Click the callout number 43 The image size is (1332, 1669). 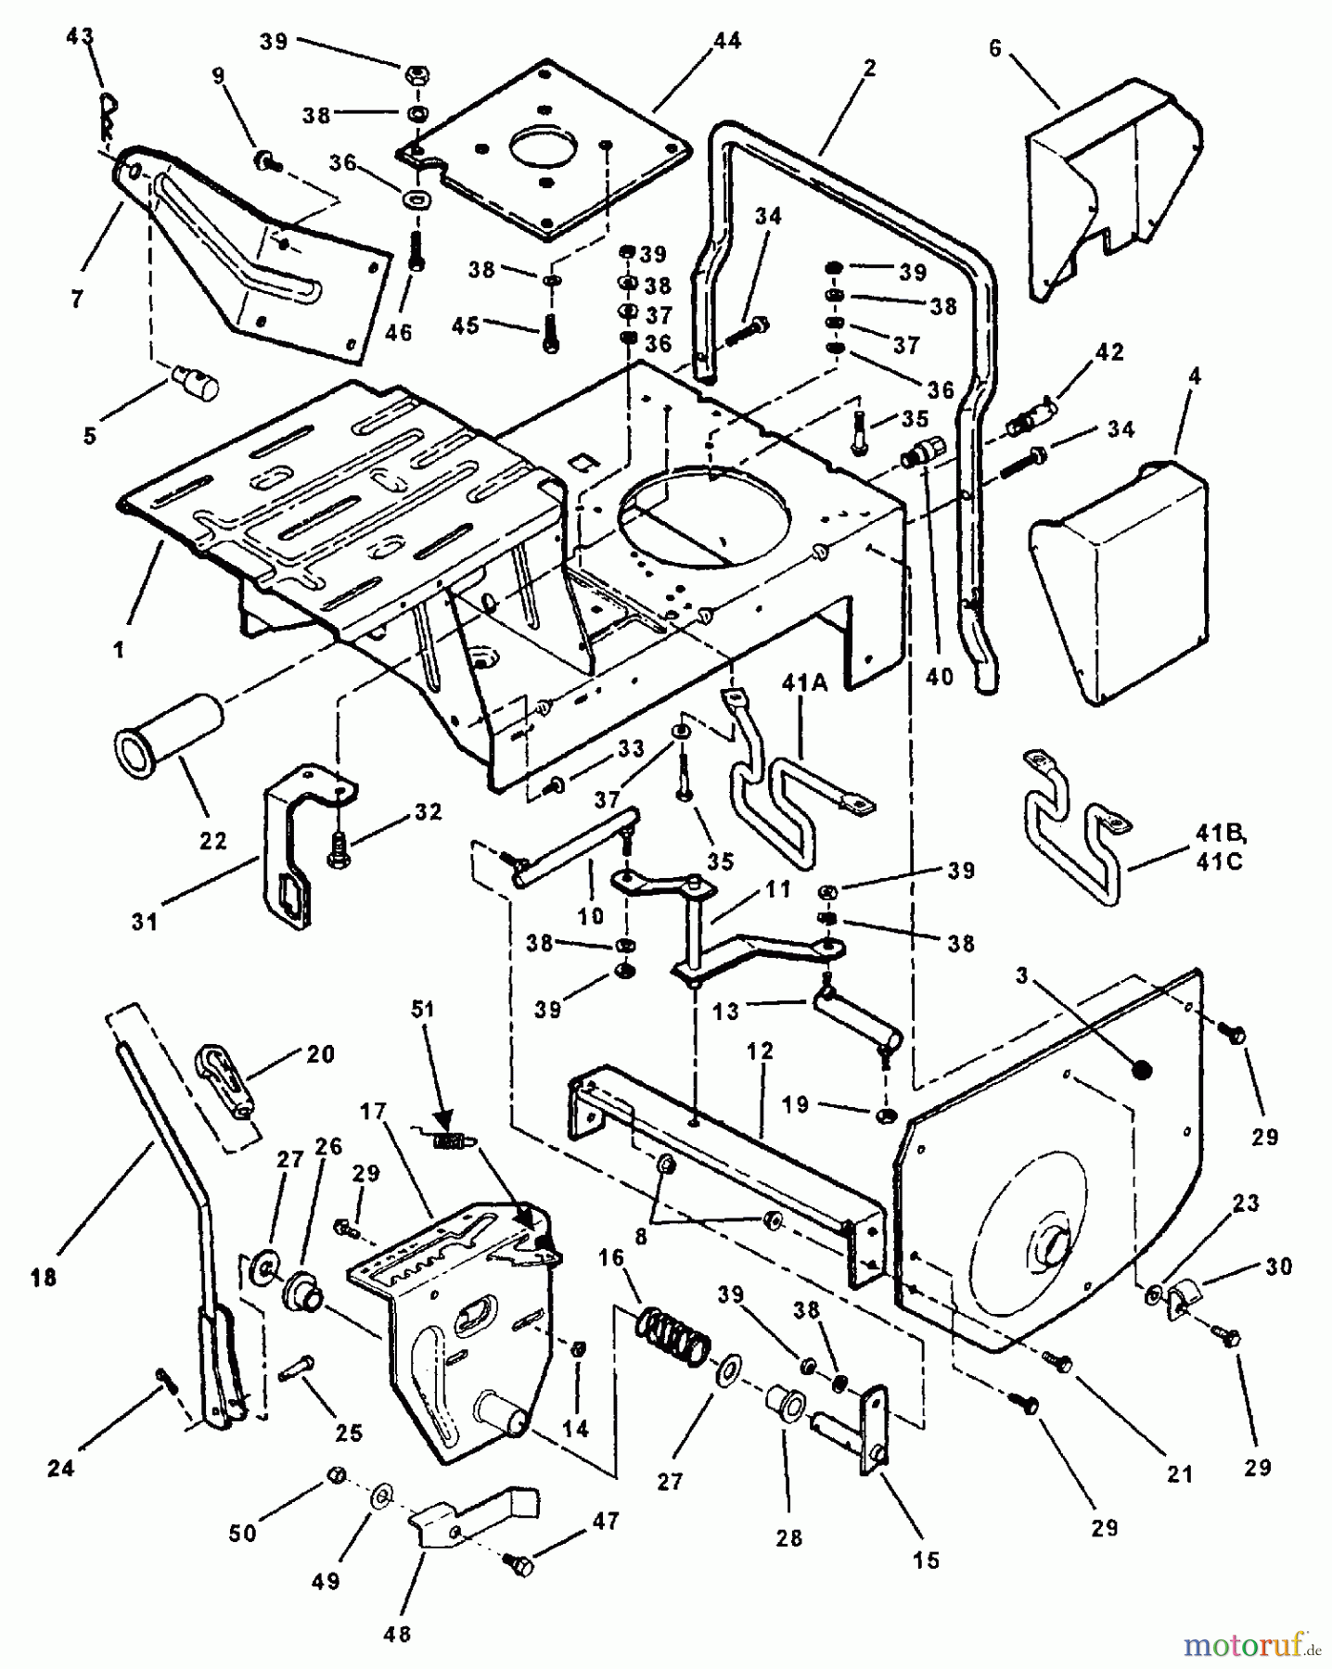(81, 40)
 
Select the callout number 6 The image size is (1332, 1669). (995, 48)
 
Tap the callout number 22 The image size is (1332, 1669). (212, 840)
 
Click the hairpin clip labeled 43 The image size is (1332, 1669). (109, 113)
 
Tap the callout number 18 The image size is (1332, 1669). (42, 1278)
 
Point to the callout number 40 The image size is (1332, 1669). (939, 678)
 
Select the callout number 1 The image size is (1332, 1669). (119, 650)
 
